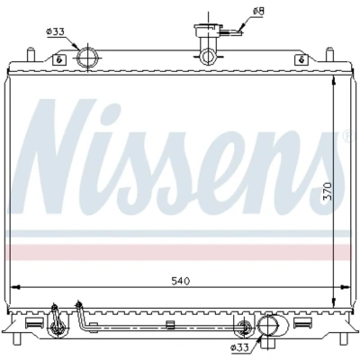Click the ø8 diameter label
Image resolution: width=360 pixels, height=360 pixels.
pos(258,12)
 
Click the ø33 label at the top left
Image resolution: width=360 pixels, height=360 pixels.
pos(55,31)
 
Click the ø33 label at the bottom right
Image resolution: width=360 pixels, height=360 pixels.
pos(239,347)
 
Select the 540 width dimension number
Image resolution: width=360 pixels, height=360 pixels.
pos(181,281)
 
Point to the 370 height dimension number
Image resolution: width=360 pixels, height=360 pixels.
pos(328,192)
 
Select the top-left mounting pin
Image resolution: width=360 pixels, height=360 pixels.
pos(31,54)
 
